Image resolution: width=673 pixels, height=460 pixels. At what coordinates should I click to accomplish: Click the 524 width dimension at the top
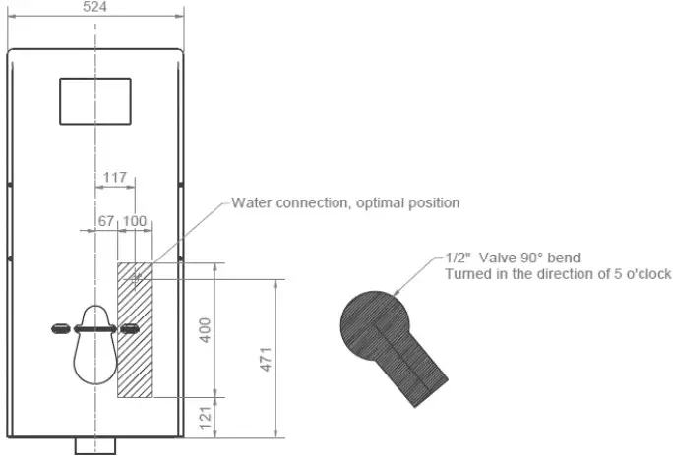94,7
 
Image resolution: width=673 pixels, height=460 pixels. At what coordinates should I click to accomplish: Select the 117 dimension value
115,178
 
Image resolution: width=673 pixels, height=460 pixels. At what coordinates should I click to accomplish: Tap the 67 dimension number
106,220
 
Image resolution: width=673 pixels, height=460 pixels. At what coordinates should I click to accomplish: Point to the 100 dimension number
135,220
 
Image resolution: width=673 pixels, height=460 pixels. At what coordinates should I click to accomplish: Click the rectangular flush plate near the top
95,101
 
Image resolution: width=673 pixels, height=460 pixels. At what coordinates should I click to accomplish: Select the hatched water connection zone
134,329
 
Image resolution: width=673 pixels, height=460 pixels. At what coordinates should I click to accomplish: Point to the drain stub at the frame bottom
95,446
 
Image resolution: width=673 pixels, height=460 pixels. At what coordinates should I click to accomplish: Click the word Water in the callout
251,203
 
